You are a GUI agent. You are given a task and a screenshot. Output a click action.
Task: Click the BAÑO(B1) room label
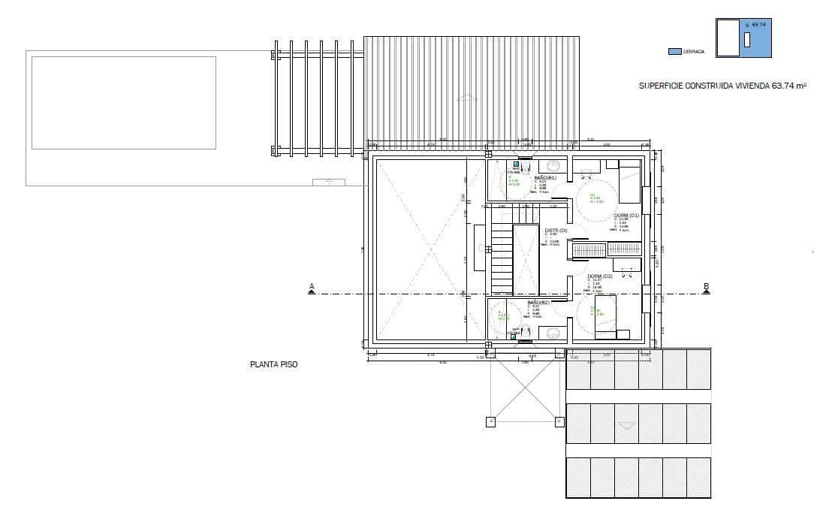545,178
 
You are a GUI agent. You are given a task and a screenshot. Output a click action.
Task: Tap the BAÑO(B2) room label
538,302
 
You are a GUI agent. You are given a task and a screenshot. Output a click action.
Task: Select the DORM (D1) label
626,215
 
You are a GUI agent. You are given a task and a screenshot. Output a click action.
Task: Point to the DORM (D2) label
600,276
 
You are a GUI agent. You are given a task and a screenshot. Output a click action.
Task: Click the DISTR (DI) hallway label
556,230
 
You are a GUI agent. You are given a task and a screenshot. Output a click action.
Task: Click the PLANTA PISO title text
273,365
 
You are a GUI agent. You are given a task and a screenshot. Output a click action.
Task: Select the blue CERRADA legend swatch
674,51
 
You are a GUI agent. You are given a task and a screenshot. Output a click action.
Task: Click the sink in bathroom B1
553,166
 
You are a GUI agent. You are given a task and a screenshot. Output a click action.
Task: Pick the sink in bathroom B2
553,332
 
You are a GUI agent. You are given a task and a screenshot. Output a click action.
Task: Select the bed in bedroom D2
606,317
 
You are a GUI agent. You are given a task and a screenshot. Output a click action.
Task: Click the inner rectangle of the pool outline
124,102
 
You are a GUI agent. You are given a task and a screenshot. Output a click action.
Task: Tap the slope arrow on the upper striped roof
466,96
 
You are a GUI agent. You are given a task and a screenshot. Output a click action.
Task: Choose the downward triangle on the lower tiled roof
626,426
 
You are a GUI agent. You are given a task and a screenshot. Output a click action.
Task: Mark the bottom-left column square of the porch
490,421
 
